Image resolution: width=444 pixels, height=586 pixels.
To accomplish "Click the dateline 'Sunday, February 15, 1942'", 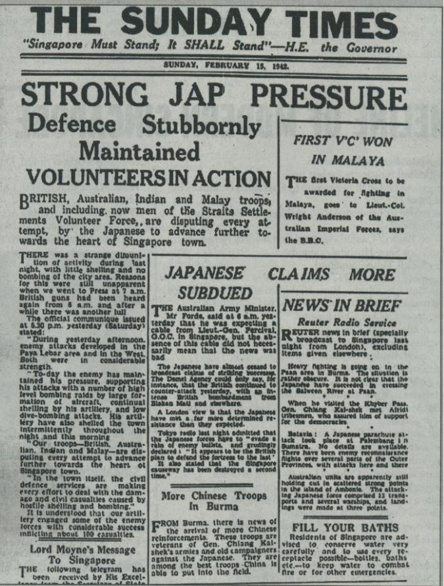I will (226, 66).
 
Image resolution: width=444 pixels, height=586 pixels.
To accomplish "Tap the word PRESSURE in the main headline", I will (344, 95).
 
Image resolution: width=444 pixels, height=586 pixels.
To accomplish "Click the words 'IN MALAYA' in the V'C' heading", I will (351, 159).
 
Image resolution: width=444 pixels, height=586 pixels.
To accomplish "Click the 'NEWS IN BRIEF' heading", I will (342, 306).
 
